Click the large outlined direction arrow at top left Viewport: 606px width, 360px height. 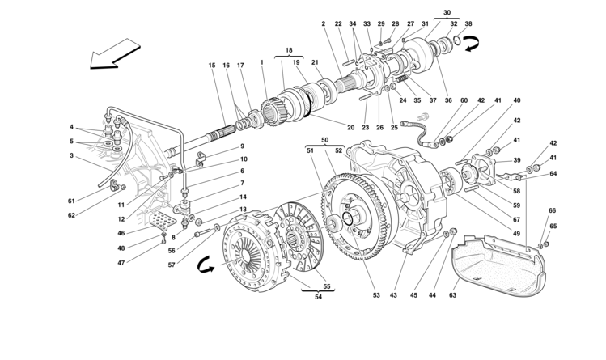(x=115, y=54)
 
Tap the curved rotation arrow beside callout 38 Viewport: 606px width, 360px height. (x=471, y=43)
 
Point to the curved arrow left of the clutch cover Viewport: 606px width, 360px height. (x=206, y=265)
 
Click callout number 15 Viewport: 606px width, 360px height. (x=212, y=66)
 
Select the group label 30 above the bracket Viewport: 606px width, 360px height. (x=447, y=12)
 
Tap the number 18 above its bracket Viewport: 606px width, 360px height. (x=289, y=50)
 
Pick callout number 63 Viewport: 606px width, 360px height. (x=452, y=295)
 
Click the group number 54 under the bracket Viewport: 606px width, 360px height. (x=318, y=297)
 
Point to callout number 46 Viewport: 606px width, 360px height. (x=121, y=233)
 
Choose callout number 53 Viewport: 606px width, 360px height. (x=376, y=295)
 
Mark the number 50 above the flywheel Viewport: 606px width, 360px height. (x=324, y=140)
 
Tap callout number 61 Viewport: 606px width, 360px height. (x=71, y=201)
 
